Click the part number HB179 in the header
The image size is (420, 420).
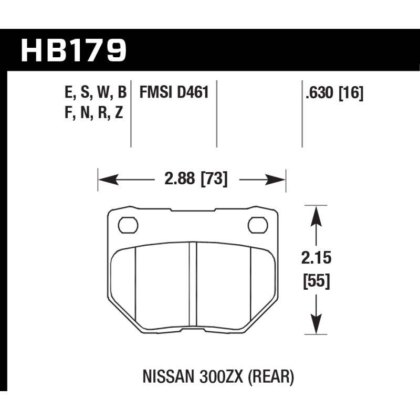(73, 50)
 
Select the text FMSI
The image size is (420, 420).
(156, 92)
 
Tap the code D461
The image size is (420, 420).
(193, 92)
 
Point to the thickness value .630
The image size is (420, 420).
(320, 93)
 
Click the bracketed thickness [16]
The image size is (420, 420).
(351, 93)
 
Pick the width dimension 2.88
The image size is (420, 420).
(180, 178)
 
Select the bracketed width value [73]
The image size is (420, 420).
(214, 179)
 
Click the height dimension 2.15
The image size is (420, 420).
(317, 258)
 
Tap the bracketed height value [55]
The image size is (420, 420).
(317, 281)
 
